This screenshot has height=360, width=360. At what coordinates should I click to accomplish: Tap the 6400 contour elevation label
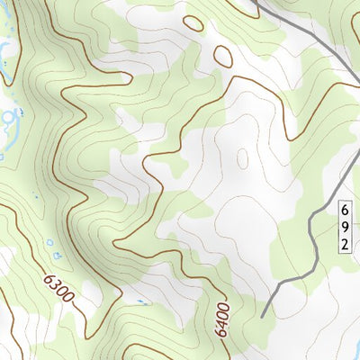click(222, 319)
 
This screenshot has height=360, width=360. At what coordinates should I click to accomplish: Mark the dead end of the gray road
click(262, 316)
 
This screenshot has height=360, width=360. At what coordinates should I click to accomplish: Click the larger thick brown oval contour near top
click(222, 57)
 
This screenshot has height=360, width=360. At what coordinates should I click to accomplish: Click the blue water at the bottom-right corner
click(352, 353)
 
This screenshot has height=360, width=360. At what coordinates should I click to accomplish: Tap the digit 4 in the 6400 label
click(221, 316)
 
